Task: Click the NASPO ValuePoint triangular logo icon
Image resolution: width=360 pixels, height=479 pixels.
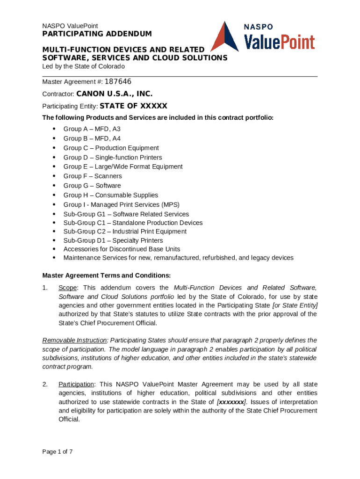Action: point(225,37)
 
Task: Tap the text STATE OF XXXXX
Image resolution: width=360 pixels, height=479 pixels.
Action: point(134,106)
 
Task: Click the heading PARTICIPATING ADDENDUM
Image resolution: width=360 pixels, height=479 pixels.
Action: point(97,34)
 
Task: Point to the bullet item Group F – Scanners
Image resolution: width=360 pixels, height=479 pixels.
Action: point(93,176)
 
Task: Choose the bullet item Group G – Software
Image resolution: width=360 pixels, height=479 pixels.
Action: point(92,186)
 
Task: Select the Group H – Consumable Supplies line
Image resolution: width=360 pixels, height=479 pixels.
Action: point(111,195)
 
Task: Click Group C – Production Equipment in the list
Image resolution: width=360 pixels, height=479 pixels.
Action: point(111,148)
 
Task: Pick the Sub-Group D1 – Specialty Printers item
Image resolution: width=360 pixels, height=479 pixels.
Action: point(113,240)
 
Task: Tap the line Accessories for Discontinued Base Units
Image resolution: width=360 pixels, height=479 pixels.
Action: point(122,249)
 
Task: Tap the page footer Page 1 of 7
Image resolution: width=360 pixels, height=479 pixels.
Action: point(58,452)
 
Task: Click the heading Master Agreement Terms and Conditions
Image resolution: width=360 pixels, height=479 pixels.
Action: point(107,275)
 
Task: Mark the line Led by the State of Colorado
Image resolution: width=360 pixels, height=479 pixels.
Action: point(84,66)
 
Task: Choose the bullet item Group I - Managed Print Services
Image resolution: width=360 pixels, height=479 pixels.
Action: point(122,204)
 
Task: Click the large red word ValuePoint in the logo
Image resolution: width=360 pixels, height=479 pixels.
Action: point(280,43)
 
